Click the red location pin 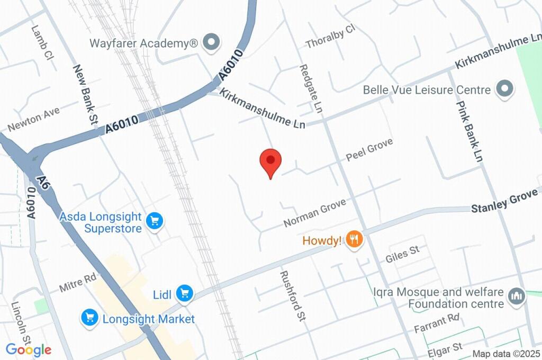point(270,161)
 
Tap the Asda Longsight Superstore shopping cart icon point(155,221)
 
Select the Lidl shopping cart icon point(184,293)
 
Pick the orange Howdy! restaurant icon point(354,240)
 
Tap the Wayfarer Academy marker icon point(212,43)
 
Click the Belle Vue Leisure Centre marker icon point(504,89)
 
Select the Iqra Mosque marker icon point(516,296)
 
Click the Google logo point(29,350)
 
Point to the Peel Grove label point(369,150)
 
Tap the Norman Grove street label point(314,212)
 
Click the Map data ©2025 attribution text point(506,354)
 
